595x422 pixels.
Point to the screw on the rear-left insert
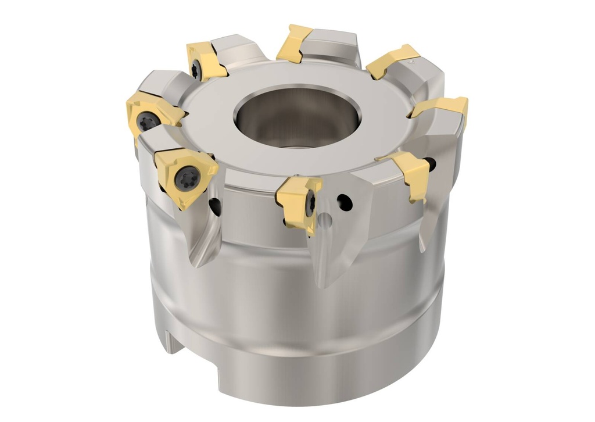(196, 70)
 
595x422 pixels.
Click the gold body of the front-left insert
(174, 186)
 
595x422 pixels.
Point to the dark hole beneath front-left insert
(216, 205)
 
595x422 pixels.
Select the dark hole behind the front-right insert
(430, 164)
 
